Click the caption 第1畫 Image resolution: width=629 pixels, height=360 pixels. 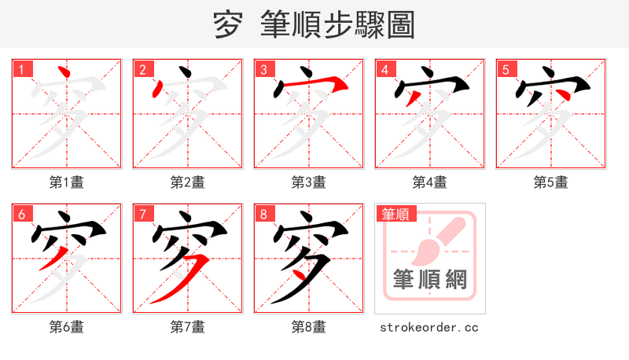point(67,182)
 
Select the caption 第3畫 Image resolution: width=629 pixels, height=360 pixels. point(309,182)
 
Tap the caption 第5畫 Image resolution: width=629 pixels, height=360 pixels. point(551,182)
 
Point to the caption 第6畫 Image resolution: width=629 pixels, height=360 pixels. point(67,327)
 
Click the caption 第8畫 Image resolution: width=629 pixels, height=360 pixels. point(309,327)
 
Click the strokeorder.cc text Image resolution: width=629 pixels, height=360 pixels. point(429,327)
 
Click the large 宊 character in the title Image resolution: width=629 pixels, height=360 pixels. point(228,25)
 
